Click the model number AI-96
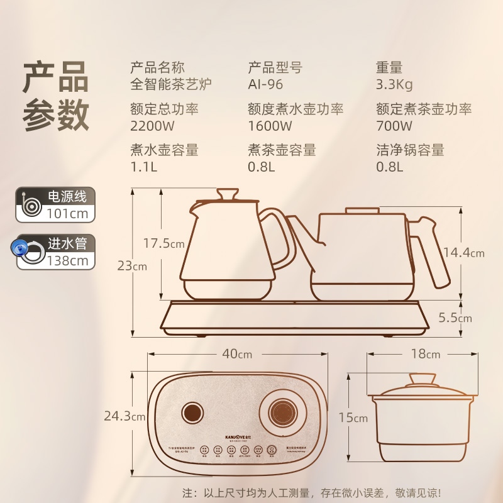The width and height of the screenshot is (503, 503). pyautogui.click(x=266, y=85)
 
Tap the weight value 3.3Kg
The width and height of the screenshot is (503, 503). pyautogui.click(x=395, y=85)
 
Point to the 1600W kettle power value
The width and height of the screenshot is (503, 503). pyautogui.click(x=270, y=125)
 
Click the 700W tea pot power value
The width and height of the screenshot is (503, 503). pyautogui.click(x=393, y=125)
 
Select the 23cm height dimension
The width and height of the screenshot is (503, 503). pyautogui.click(x=131, y=266)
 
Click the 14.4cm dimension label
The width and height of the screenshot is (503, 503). pyautogui.click(x=464, y=253)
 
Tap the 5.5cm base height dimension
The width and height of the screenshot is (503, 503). pyautogui.click(x=456, y=318)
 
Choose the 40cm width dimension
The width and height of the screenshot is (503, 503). pyautogui.click(x=237, y=354)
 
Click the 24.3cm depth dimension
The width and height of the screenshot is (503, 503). pyautogui.click(x=126, y=415)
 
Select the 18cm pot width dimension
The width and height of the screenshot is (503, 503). pyautogui.click(x=426, y=354)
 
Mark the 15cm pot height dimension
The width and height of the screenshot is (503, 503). pyautogui.click(x=352, y=417)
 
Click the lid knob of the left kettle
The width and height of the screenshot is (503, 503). pyautogui.click(x=227, y=193)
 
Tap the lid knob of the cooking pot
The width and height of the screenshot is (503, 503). pyautogui.click(x=423, y=379)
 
